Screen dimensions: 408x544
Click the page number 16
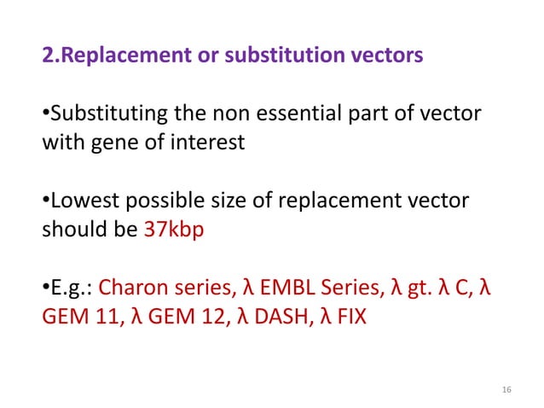click(x=507, y=390)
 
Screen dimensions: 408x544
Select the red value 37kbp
click(x=171, y=230)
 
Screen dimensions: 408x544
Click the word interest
click(x=204, y=143)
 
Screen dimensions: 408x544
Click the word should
click(x=72, y=230)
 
